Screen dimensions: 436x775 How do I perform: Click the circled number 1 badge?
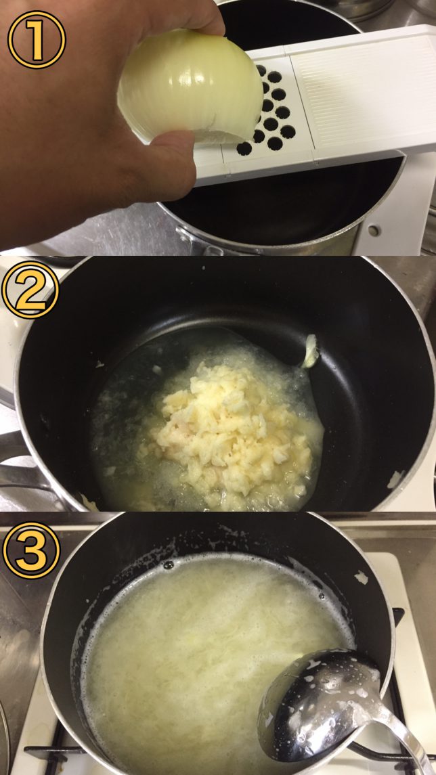tap(37, 39)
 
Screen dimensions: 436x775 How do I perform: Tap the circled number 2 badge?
tap(30, 290)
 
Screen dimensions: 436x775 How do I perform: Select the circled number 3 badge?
tap(32, 550)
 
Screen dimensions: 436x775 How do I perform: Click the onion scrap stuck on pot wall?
tap(310, 351)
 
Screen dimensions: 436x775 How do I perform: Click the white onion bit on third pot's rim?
tap(362, 577)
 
